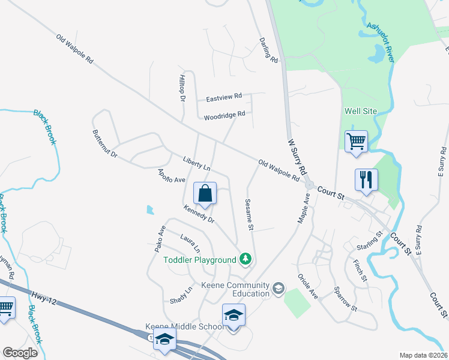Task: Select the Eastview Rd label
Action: pos(223,97)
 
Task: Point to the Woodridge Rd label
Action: pos(224,115)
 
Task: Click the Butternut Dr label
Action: pos(104,144)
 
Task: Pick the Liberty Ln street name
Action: pos(196,162)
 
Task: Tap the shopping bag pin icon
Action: pos(205,194)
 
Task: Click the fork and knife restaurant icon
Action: pos(366,179)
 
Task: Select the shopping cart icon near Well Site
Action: pos(356,142)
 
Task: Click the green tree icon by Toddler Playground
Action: pos(245,259)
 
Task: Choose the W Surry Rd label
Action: pos(292,157)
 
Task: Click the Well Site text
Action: pos(360,111)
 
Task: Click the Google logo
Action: pos(20,353)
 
